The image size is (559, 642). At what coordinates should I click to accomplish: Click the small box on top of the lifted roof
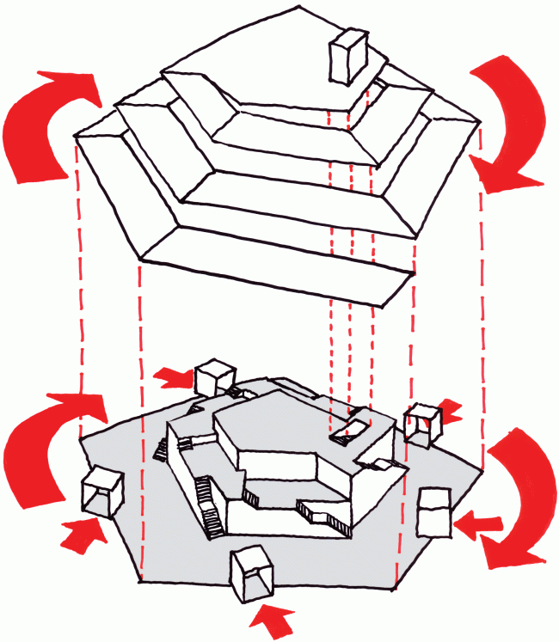pos(349,56)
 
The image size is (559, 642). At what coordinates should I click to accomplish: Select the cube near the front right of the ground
pos(434,513)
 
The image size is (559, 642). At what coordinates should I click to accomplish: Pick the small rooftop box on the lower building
pos(352,428)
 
